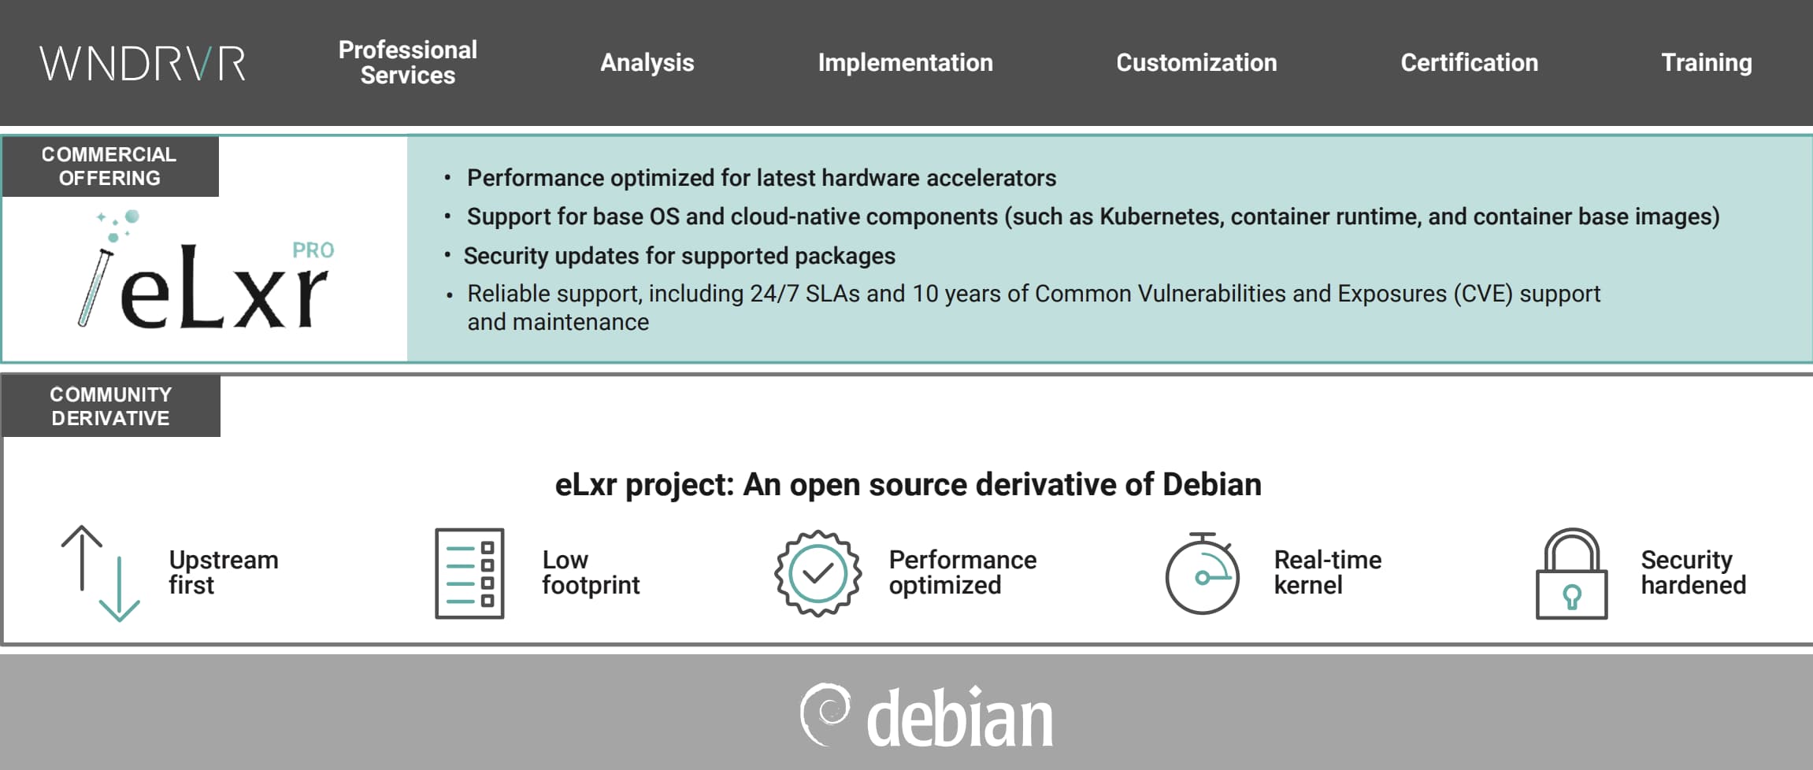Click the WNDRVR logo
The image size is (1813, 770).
[x=143, y=63]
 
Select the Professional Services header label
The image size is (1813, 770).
[x=408, y=62]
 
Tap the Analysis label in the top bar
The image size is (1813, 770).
[x=647, y=62]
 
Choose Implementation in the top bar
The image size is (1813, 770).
[x=905, y=62]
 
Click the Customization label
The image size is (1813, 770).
[x=1196, y=62]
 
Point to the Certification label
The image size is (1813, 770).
[x=1469, y=62]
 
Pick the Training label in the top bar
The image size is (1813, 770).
[x=1707, y=63]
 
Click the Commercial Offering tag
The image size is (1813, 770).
[x=110, y=166]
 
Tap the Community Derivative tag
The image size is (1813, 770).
[x=111, y=406]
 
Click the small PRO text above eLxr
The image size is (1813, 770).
[x=313, y=250]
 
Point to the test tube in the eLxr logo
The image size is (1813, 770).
[x=95, y=287]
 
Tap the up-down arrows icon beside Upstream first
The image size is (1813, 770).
[x=101, y=574]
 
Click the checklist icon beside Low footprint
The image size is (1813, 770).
[x=469, y=573]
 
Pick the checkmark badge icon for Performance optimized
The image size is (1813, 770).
[x=818, y=574]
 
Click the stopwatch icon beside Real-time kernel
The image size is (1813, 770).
[x=1202, y=573]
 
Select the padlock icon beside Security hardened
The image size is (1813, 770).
[x=1571, y=574]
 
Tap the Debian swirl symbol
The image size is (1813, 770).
[x=825, y=714]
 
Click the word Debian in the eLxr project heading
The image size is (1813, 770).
[x=1212, y=484]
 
